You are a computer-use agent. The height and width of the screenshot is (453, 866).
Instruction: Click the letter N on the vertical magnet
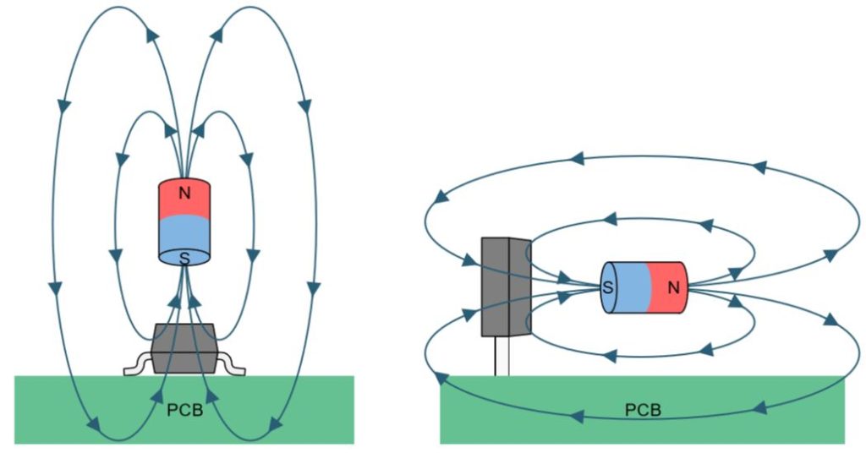tap(184, 193)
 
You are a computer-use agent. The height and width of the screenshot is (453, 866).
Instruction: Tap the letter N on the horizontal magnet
tap(673, 287)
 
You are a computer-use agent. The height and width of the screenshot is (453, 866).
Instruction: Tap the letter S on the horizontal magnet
tap(608, 287)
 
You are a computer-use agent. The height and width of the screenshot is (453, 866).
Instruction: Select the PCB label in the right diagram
tap(643, 411)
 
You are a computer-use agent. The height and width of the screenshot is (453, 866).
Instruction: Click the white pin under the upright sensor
tap(502, 356)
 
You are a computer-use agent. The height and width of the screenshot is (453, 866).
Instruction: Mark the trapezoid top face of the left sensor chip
tap(184, 331)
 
